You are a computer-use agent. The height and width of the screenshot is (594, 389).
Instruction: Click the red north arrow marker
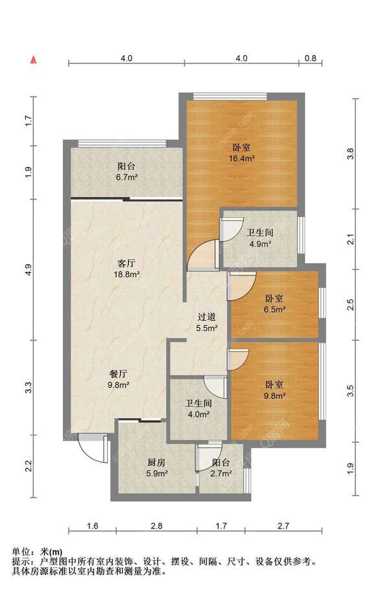point(34,60)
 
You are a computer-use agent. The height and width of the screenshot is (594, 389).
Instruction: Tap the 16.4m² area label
point(242,158)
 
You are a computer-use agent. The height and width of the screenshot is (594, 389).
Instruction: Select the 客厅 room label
point(126,263)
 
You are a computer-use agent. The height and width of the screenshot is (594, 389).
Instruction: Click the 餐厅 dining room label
point(119,374)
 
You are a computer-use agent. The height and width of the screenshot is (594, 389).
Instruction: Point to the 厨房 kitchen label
point(157,462)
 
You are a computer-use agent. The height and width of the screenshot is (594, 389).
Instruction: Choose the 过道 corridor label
point(207,317)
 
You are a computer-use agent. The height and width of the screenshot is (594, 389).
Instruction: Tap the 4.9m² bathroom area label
point(260,244)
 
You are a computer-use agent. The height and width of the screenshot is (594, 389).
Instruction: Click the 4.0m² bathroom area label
point(199,415)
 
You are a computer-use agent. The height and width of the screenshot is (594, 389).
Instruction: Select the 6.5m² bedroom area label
point(274,310)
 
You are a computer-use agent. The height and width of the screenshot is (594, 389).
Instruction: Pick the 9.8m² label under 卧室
point(274,396)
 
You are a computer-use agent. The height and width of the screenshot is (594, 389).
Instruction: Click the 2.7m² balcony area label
point(222,473)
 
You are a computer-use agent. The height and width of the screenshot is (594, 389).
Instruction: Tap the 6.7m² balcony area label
point(126,177)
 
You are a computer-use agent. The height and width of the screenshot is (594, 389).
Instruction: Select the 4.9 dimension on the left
point(29,269)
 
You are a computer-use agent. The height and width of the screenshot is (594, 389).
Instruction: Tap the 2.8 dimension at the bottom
point(157,525)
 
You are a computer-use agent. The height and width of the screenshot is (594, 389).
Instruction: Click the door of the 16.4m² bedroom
point(202,255)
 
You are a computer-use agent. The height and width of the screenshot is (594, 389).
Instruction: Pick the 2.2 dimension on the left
point(29,466)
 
